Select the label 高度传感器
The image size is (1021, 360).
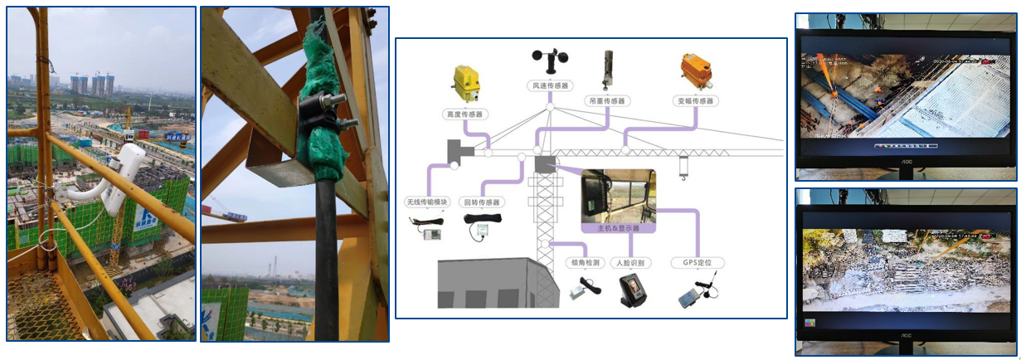tap(465, 114)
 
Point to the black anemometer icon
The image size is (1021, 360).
tap(549, 63)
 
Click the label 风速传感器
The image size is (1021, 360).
tap(549, 85)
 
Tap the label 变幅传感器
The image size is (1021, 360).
tap(695, 100)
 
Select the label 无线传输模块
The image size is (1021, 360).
tap(427, 202)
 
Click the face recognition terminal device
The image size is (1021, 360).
tap(632, 291)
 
